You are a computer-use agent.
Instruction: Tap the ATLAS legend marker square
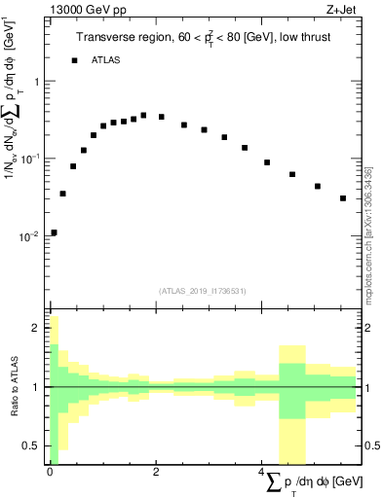click(74, 60)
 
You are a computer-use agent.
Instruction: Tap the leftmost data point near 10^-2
click(54, 232)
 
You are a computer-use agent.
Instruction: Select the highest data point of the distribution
click(143, 115)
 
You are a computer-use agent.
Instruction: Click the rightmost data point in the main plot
click(343, 198)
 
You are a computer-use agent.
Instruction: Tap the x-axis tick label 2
click(156, 472)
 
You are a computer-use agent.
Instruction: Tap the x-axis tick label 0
click(50, 472)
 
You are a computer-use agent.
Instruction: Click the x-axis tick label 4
click(262, 472)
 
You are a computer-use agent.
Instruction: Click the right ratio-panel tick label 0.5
click(371, 445)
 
